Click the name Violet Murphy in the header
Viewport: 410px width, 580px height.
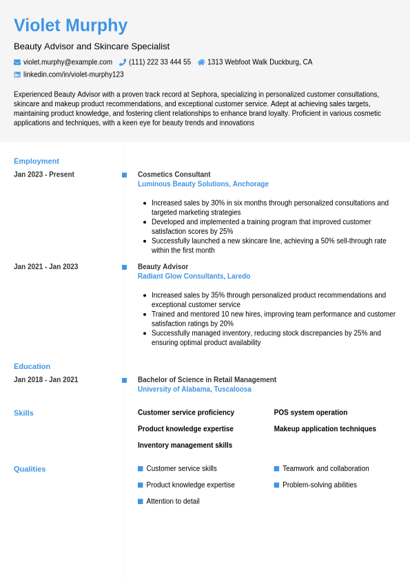[70, 26]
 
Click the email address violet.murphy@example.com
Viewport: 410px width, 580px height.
[68, 62]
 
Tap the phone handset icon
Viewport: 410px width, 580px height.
[123, 62]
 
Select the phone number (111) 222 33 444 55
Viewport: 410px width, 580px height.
[160, 62]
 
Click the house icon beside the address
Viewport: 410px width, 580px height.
[201, 62]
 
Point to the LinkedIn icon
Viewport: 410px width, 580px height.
[17, 74]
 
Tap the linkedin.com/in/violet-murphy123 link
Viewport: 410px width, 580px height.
[74, 74]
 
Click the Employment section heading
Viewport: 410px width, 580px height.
[37, 161]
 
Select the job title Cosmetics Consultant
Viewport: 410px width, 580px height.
[174, 174]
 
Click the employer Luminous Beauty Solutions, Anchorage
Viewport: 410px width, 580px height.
[203, 184]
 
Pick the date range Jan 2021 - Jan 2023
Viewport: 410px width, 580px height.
[45, 267]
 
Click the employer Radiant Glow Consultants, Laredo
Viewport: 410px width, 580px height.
[194, 277]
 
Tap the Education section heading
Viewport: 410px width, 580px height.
[32, 367]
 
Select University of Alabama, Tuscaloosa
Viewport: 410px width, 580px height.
[194, 390]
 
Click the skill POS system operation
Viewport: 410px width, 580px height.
[311, 412]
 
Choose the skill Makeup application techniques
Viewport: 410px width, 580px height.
[325, 429]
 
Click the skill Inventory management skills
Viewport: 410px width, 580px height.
[185, 446]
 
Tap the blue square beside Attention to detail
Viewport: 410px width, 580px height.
[141, 501]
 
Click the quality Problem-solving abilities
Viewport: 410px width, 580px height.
[320, 485]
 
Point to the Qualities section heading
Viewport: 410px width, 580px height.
[30, 469]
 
